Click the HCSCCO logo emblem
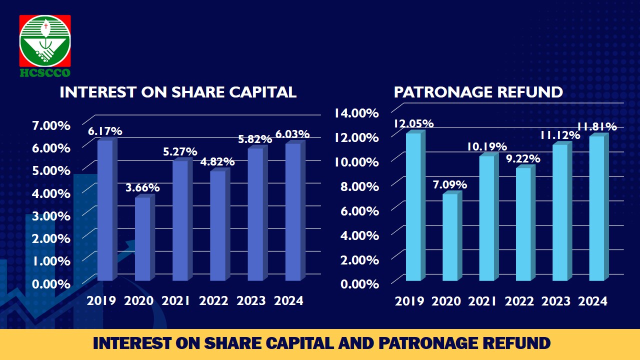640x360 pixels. coord(45,41)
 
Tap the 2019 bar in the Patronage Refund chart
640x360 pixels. coord(415,205)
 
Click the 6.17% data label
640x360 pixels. coord(105,131)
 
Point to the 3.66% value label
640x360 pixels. coord(142,187)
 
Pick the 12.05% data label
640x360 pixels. coord(413,123)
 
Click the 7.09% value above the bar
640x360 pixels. coord(450,184)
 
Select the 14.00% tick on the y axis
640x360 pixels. coord(356,113)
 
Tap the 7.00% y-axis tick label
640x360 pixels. coord(51,125)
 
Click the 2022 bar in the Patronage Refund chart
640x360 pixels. coord(525,223)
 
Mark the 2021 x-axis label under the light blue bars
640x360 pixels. coord(482,301)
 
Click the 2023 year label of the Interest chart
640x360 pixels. coord(251,300)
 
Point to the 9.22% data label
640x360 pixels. coord(523,158)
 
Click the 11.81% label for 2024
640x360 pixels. coord(597,126)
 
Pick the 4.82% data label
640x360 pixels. coord(217,161)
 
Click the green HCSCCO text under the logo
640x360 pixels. coord(45,72)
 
